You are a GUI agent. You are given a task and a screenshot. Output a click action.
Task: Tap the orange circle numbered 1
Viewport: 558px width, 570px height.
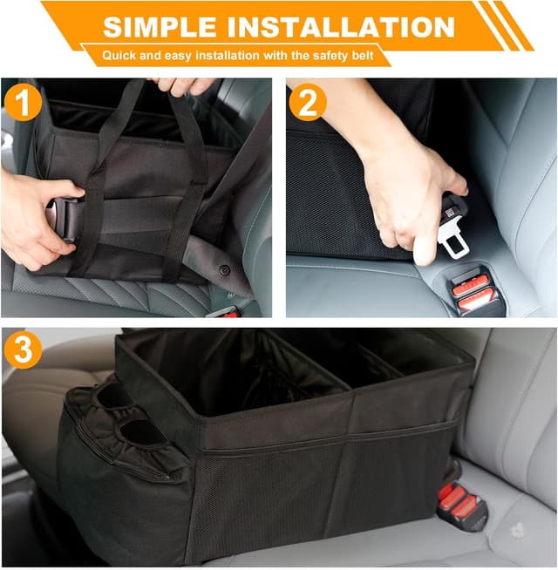click(23, 104)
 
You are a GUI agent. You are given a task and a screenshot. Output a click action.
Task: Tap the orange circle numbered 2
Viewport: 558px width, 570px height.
click(308, 104)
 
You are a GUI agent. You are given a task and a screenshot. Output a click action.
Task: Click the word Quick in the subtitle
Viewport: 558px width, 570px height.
click(119, 55)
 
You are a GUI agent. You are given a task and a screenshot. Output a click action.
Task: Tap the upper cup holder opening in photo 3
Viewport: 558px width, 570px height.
click(111, 397)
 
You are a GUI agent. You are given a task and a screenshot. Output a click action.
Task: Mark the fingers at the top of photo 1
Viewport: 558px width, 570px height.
click(183, 85)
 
